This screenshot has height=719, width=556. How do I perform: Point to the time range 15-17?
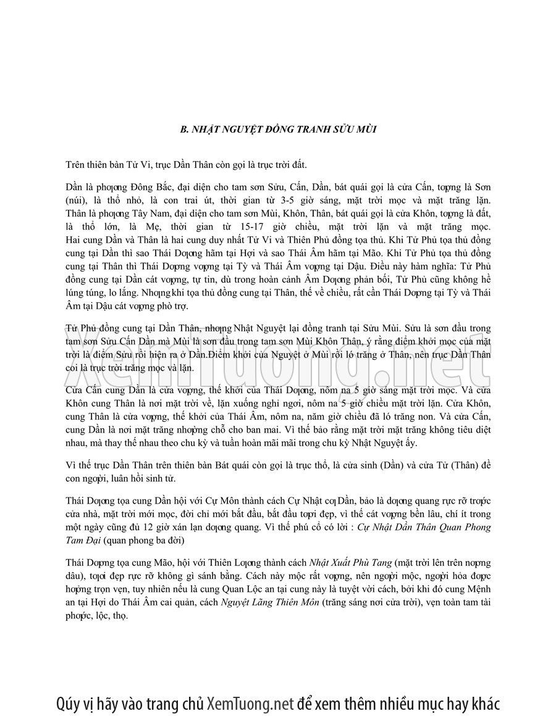tap(282, 227)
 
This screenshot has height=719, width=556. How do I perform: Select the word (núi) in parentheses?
tap(78, 201)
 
